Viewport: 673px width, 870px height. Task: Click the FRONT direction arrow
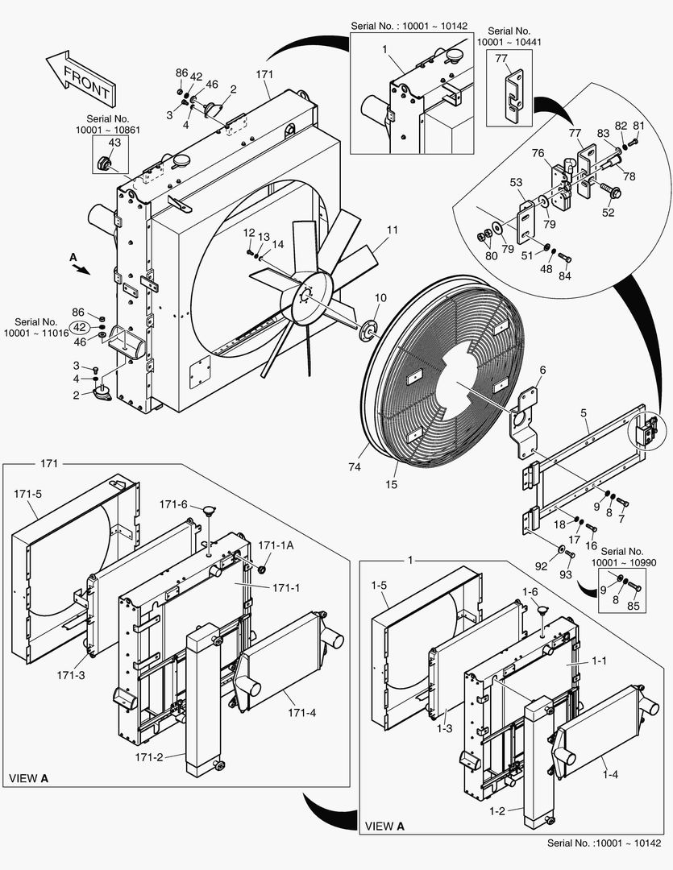tap(81, 79)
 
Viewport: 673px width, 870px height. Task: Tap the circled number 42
tap(80, 327)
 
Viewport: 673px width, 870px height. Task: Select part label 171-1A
tap(276, 545)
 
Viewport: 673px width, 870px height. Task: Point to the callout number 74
tap(355, 467)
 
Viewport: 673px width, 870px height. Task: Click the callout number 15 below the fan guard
tap(392, 484)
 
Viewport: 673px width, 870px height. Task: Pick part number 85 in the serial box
tap(634, 606)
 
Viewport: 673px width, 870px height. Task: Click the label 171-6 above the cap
tap(173, 504)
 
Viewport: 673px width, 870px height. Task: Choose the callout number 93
tap(565, 575)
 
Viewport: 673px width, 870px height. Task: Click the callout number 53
tap(517, 182)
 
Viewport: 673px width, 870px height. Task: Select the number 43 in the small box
tap(114, 143)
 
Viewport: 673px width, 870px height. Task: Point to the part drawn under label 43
tap(104, 163)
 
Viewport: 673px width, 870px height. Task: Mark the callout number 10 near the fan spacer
tap(380, 298)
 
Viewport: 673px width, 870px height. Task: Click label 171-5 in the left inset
tap(27, 494)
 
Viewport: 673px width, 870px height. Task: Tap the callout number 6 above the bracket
tap(542, 370)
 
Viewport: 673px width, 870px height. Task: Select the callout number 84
tap(565, 275)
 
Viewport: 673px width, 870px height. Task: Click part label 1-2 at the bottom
tap(497, 811)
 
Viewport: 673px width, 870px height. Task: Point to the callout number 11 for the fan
tap(393, 230)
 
